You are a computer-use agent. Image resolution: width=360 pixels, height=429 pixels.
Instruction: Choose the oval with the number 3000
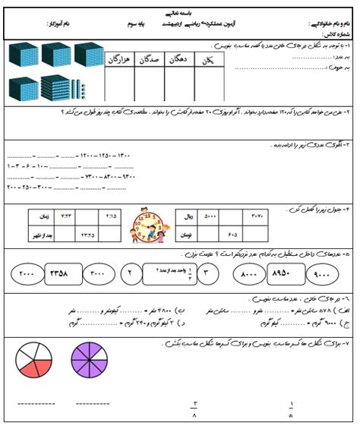pyautogui.click(x=100, y=271)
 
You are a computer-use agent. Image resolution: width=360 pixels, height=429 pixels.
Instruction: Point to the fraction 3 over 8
pyautogui.click(x=194, y=409)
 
